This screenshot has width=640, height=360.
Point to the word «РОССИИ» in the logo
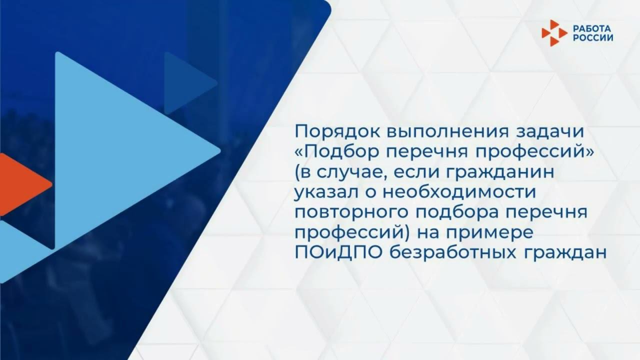coord(593,37)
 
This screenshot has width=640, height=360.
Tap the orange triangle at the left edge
coord(20,184)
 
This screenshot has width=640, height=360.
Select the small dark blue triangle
coord(185,82)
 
